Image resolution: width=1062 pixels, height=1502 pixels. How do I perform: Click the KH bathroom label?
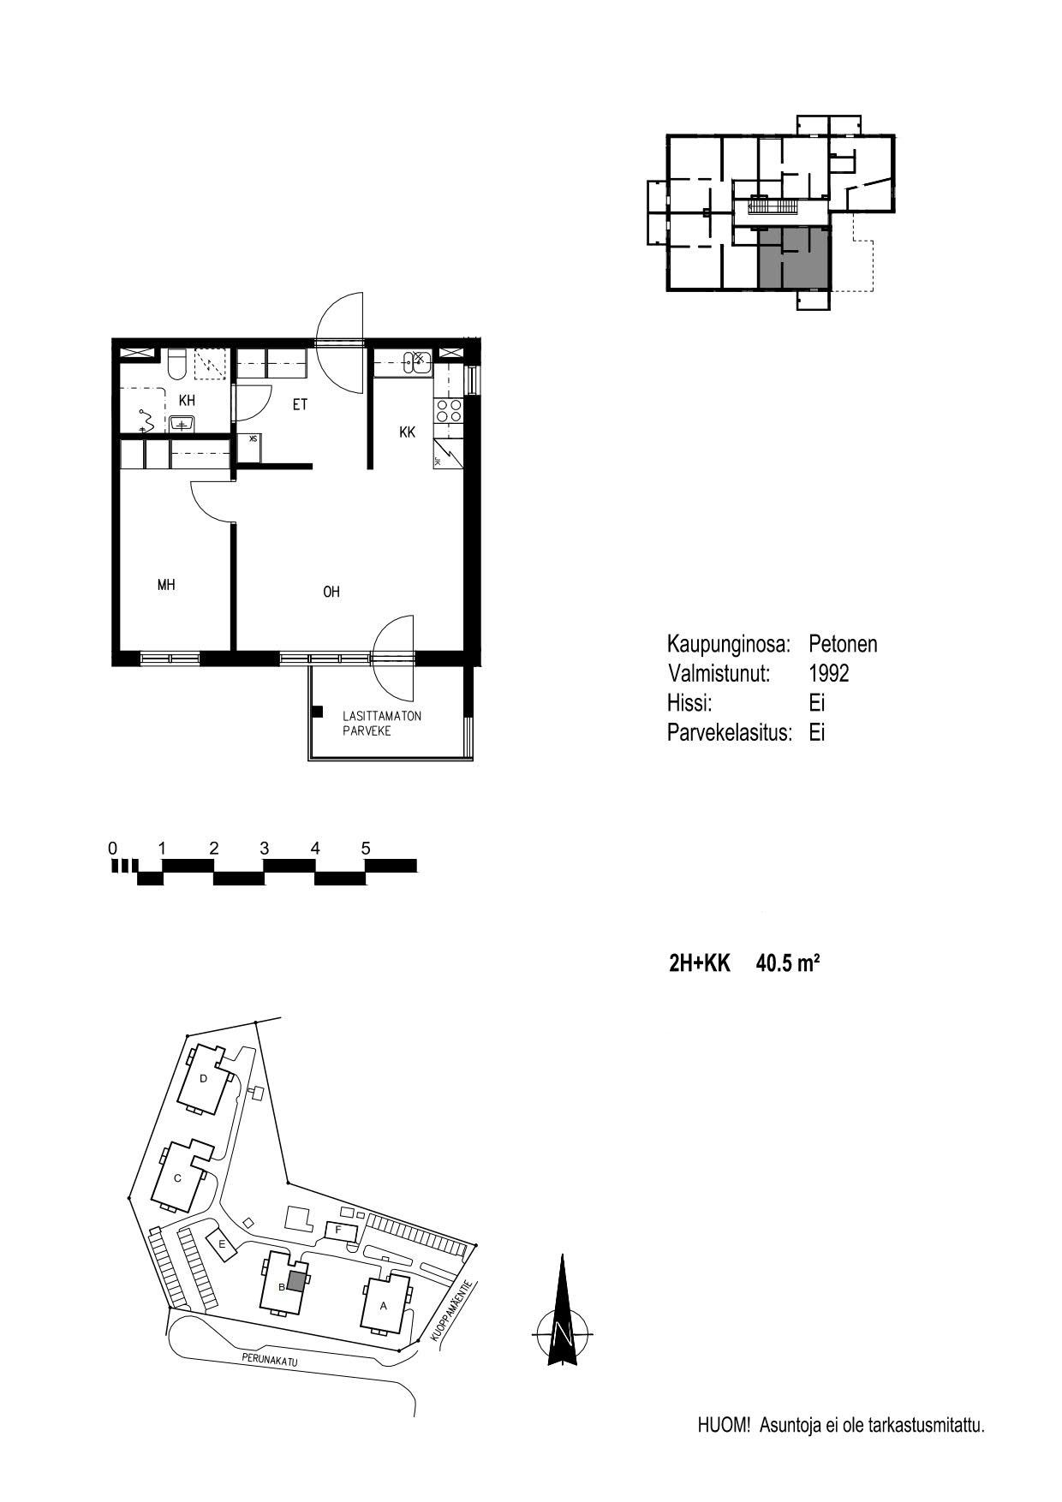(187, 401)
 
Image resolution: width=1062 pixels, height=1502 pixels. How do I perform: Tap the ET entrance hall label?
(300, 405)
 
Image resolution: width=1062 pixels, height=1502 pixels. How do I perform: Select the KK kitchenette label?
(408, 432)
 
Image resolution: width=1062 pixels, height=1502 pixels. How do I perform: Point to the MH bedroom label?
(166, 585)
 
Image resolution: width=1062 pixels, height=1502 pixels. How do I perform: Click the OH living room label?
(331, 592)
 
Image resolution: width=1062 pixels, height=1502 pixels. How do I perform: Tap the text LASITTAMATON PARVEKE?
(382, 724)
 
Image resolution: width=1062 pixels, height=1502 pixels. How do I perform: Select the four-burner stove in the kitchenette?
(449, 411)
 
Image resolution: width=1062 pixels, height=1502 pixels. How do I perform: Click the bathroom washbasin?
(182, 423)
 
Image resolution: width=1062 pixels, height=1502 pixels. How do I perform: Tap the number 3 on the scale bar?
(265, 849)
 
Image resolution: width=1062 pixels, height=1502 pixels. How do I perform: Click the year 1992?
(829, 673)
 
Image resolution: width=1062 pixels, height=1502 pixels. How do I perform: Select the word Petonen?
(844, 644)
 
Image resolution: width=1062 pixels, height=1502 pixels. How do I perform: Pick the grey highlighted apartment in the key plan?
(794, 258)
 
